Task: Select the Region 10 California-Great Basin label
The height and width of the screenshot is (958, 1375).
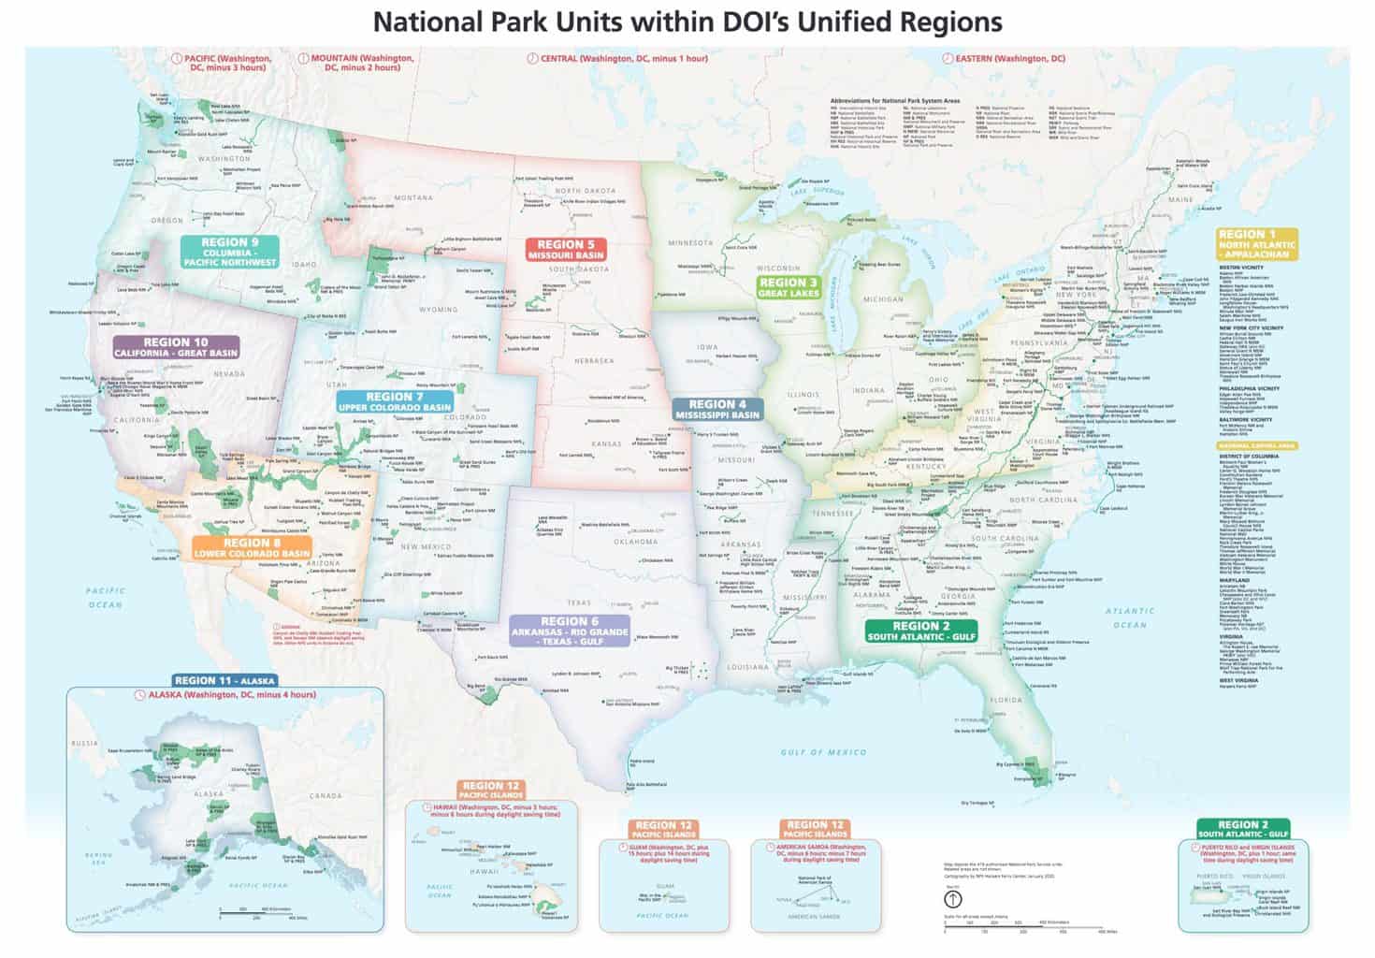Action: (x=176, y=348)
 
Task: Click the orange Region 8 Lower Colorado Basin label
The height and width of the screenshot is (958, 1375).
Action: (x=252, y=547)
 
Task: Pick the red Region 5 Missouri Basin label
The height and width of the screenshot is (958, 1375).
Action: (x=566, y=250)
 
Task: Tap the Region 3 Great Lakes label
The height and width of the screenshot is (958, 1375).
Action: (x=789, y=287)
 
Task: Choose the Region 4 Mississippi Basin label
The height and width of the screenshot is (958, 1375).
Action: (x=717, y=410)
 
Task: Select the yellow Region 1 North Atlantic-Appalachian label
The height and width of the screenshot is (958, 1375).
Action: (x=1256, y=243)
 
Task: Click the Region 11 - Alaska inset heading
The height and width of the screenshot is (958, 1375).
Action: (x=224, y=680)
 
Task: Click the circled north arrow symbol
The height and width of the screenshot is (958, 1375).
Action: (x=952, y=899)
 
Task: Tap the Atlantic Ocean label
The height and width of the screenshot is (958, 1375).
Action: (x=1130, y=617)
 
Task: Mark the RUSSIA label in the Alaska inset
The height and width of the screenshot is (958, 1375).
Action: (x=85, y=743)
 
